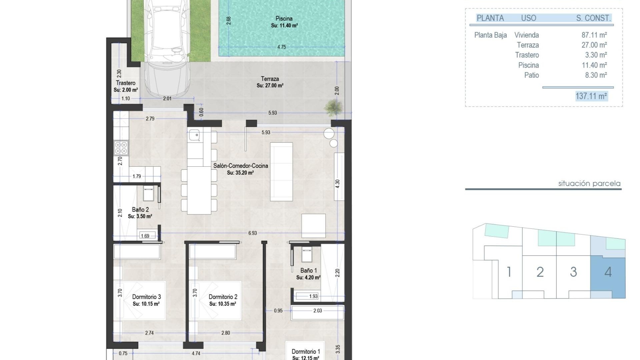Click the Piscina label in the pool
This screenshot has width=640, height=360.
click(284, 19)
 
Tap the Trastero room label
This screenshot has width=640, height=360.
click(126, 83)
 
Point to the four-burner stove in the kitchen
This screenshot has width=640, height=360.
click(121, 148)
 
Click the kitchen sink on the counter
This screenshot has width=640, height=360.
click(194, 135)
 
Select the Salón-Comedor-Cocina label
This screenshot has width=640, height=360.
click(240, 166)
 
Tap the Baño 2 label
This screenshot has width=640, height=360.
click(140, 210)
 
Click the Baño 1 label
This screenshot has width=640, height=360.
click(308, 271)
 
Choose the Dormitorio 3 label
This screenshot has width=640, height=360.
click(146, 297)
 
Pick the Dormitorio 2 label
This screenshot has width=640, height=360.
click(223, 297)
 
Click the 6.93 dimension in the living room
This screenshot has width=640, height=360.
click(253, 233)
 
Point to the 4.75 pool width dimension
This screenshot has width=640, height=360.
click(282, 47)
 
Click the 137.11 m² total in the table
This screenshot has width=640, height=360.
click(591, 96)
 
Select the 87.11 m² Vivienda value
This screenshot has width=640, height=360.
click(594, 35)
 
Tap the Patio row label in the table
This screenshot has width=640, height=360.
click(531, 75)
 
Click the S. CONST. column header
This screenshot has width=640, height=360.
click(593, 18)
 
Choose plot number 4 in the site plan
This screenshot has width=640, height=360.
click(608, 272)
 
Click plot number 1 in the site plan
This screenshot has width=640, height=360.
click(509, 272)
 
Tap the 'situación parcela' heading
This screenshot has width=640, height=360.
click(589, 183)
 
